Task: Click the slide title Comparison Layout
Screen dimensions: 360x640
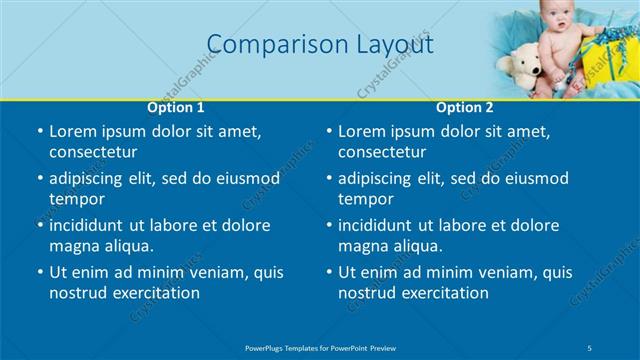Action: pos(320,45)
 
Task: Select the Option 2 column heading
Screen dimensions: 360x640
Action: pos(465,107)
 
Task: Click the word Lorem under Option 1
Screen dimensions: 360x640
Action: pos(73,131)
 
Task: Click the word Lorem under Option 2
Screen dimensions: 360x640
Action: pos(363,131)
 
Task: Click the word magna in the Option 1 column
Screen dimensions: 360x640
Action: pos(73,246)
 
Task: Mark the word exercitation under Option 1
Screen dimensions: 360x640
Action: pos(155,293)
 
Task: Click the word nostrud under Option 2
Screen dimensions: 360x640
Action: pos(368,293)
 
